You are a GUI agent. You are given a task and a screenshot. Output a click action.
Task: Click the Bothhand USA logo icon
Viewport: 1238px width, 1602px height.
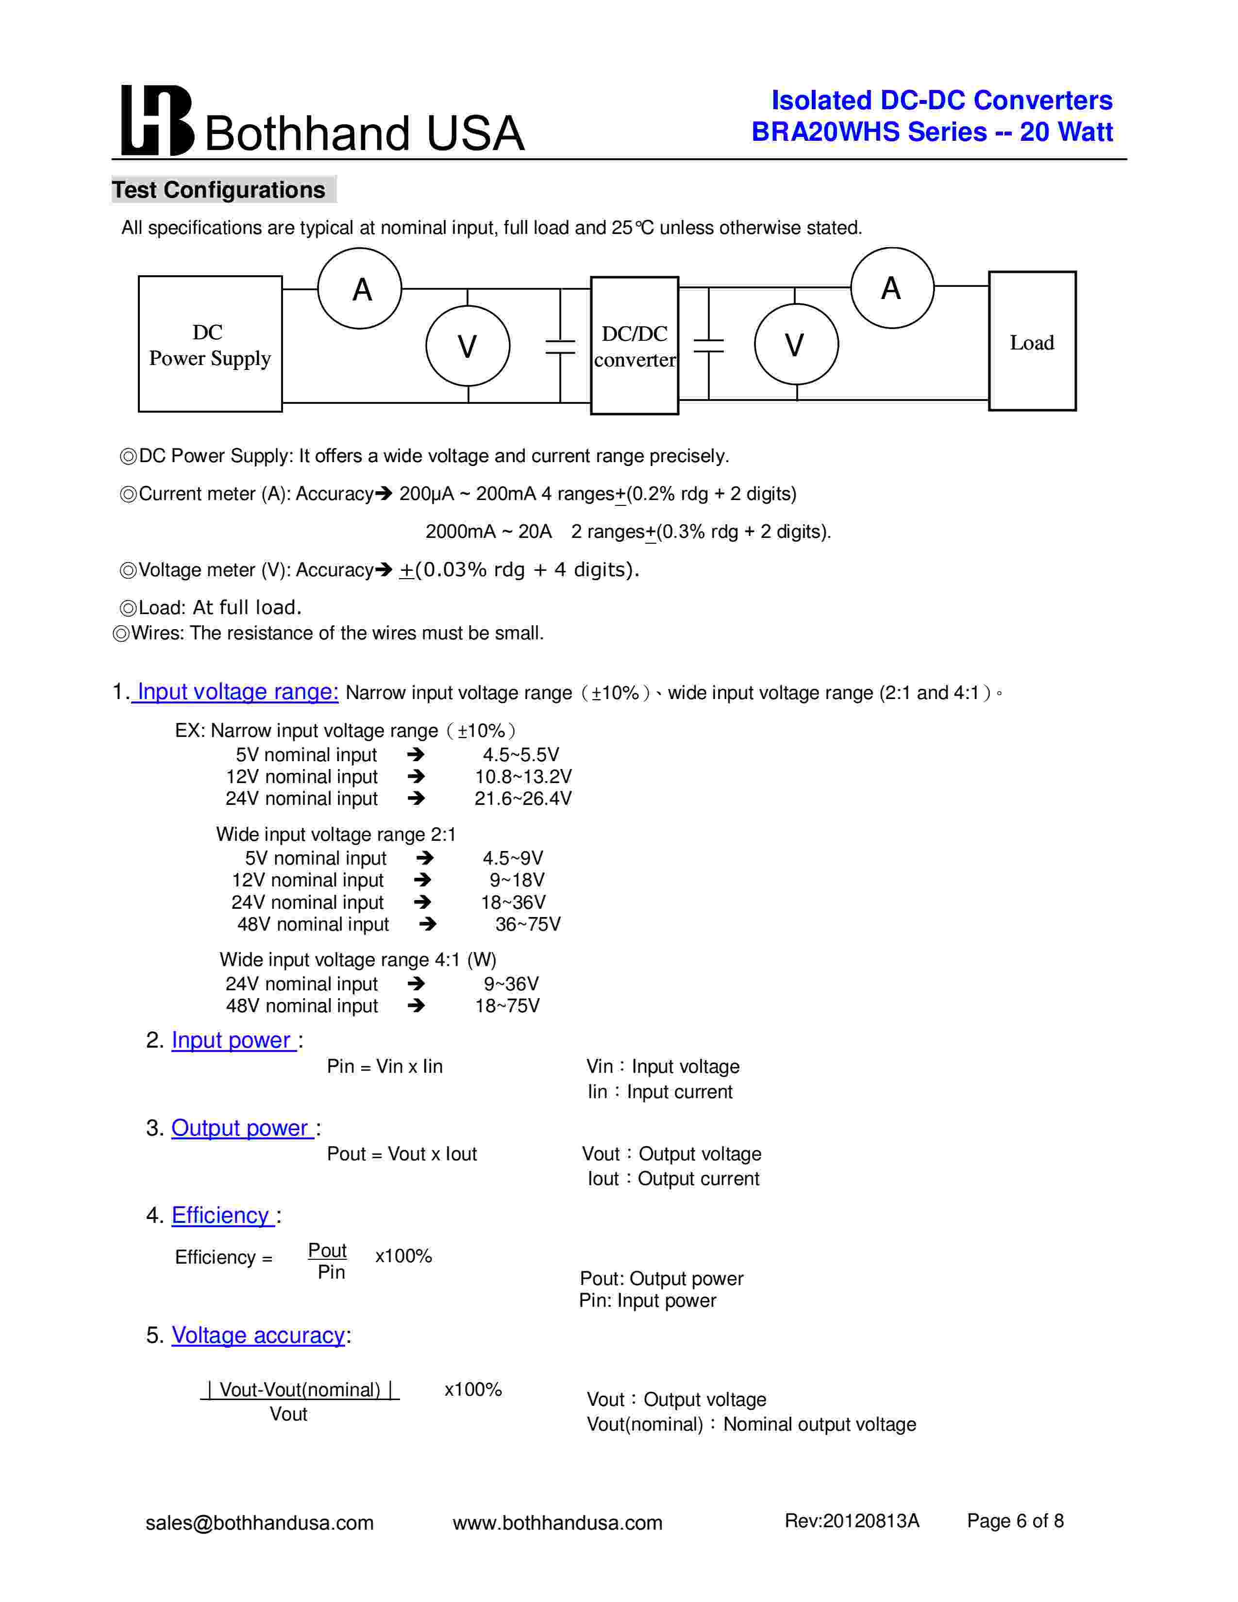pyautogui.click(x=156, y=120)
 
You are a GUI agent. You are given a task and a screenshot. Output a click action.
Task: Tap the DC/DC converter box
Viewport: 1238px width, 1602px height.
pyautogui.click(x=635, y=346)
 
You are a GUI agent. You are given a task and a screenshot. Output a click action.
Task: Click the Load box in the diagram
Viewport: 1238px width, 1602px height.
pyautogui.click(x=1032, y=342)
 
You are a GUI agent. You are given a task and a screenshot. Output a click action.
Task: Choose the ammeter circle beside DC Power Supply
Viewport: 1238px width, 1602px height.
pyautogui.click(x=360, y=288)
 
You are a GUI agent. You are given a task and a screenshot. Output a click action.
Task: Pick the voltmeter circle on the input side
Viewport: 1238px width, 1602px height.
pyautogui.click(x=468, y=346)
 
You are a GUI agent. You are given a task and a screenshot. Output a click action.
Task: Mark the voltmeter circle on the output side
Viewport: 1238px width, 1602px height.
pyautogui.click(x=796, y=344)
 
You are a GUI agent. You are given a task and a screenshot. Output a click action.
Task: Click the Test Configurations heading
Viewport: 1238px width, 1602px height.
pyautogui.click(x=218, y=190)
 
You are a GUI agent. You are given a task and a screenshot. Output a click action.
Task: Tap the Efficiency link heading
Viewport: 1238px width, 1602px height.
pyautogui.click(x=221, y=1215)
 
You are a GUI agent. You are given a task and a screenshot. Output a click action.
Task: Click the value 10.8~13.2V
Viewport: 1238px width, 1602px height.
pyautogui.click(x=523, y=777)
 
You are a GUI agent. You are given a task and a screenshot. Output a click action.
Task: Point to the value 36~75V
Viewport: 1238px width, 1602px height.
pyautogui.click(x=527, y=924)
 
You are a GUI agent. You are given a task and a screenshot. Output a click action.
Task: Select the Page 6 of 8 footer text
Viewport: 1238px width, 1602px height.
pyautogui.click(x=1015, y=1520)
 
